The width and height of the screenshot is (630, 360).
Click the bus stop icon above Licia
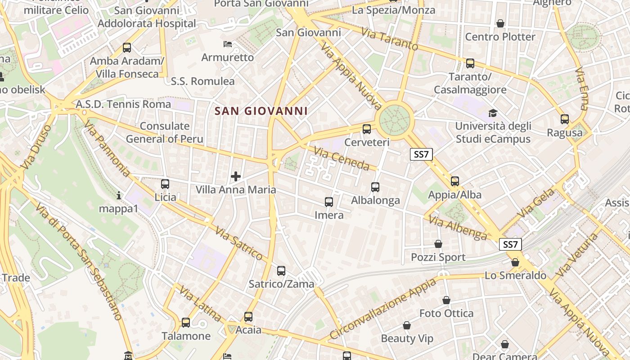click(165, 184)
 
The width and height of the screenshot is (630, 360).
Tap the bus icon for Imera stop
click(329, 202)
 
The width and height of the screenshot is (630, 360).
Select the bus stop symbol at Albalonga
click(375, 187)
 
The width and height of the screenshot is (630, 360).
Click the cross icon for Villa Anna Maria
click(235, 176)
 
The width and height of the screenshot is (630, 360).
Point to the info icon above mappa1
click(119, 195)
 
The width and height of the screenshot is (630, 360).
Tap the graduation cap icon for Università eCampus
click(493, 113)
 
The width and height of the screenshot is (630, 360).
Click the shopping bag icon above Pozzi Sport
click(438, 244)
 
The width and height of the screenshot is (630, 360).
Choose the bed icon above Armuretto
click(228, 44)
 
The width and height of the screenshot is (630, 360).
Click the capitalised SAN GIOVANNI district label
click(261, 111)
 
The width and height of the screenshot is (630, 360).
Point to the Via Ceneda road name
click(342, 159)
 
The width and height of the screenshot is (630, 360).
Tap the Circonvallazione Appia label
click(383, 309)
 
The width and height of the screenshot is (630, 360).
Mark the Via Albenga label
click(458, 227)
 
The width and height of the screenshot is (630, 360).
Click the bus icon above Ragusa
click(565, 119)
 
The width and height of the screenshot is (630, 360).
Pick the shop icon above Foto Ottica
click(446, 300)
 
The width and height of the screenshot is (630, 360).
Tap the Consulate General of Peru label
click(165, 132)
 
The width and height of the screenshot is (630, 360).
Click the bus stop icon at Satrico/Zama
click(281, 270)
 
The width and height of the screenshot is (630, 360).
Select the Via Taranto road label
click(390, 39)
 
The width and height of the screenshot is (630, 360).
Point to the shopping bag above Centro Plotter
click(500, 23)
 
